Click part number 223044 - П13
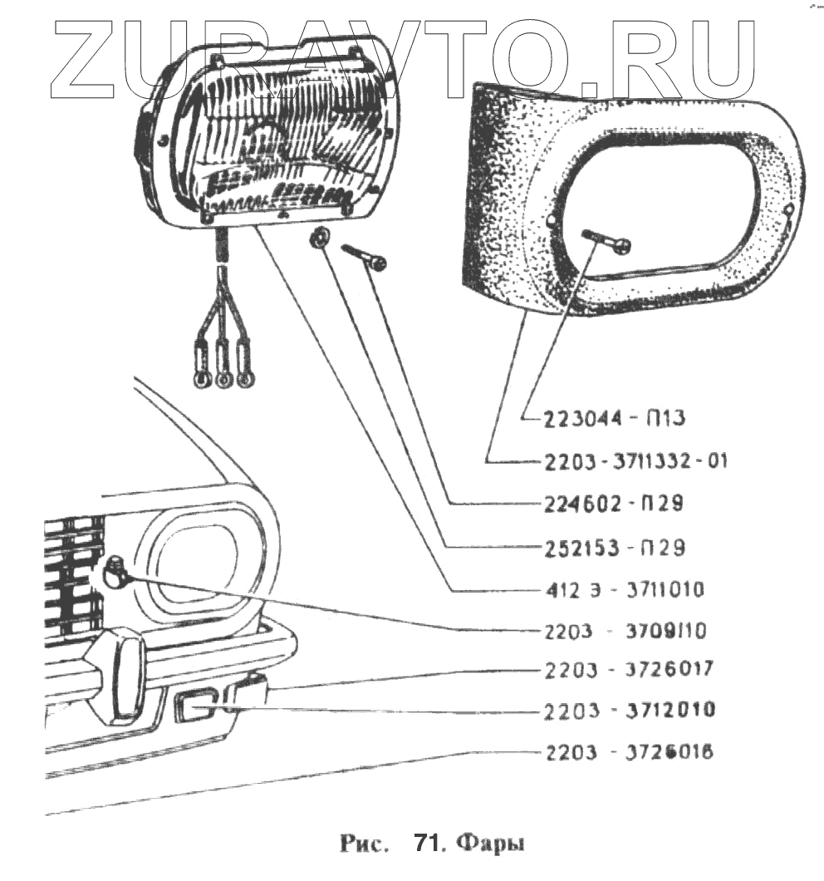pyautogui.click(x=614, y=419)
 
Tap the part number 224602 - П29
pyautogui.click(x=614, y=504)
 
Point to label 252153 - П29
pyautogui.click(x=614, y=548)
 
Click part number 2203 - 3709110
pyautogui.click(x=626, y=632)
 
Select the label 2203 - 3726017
pyautogui.click(x=627, y=669)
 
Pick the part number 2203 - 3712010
pyautogui.click(x=627, y=711)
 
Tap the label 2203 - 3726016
pyautogui.click(x=627, y=753)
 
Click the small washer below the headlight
pyautogui.click(x=317, y=239)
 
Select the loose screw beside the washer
pyautogui.click(x=363, y=255)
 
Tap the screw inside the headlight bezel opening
pyautogui.click(x=606, y=240)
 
